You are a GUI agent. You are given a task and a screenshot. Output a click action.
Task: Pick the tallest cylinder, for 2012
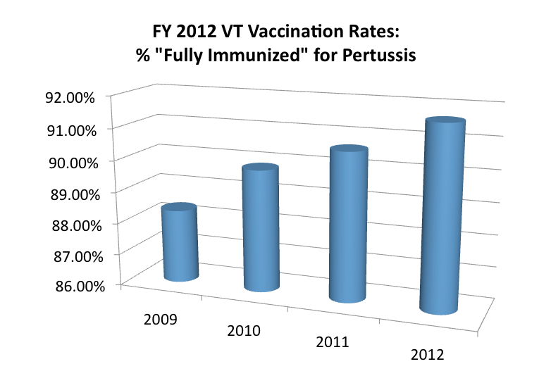(x=441, y=218)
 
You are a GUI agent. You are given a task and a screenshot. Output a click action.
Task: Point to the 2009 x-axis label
(x=160, y=318)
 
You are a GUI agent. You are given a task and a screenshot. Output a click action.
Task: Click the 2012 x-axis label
(x=426, y=355)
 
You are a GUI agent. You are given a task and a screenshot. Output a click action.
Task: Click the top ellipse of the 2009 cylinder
(x=179, y=210)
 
